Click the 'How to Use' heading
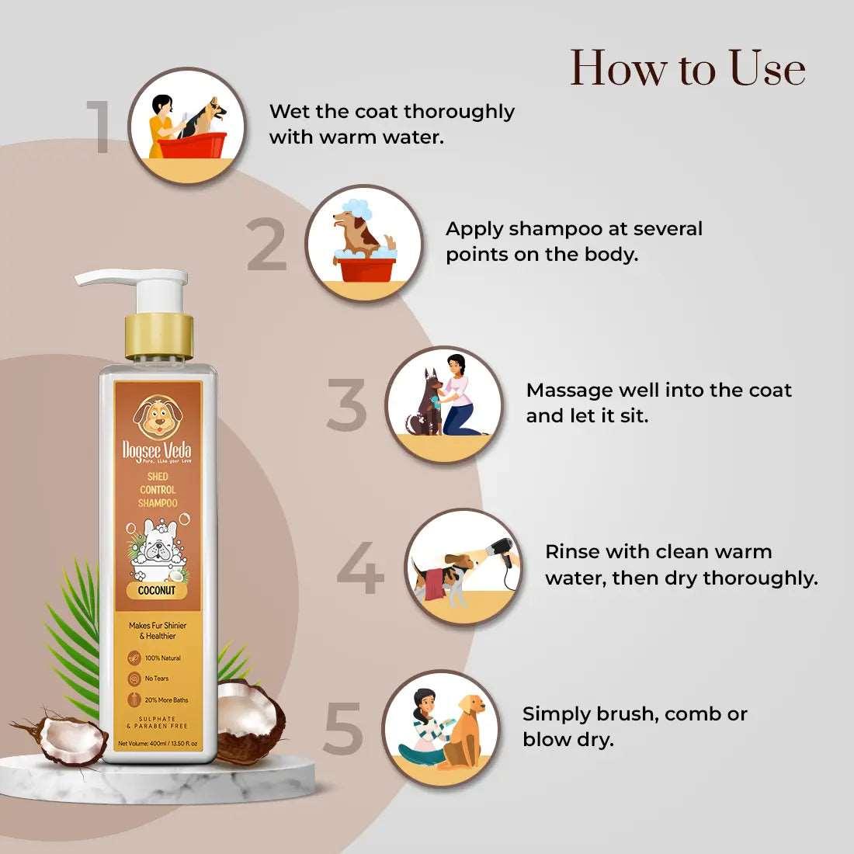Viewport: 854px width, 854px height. [688, 68]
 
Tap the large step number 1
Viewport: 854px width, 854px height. [101, 126]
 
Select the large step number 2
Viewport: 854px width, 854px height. [267, 245]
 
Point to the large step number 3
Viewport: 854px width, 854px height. [346, 404]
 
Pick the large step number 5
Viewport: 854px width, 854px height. [343, 728]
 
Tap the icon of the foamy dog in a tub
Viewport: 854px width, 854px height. [363, 243]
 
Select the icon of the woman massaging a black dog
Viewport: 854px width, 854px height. [444, 404]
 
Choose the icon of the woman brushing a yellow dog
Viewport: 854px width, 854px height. [444, 728]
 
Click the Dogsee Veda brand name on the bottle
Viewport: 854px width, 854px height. [157, 451]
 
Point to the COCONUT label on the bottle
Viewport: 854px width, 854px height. [157, 590]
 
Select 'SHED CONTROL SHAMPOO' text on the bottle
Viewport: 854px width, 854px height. [158, 490]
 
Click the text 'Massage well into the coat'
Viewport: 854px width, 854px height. [658, 390]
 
